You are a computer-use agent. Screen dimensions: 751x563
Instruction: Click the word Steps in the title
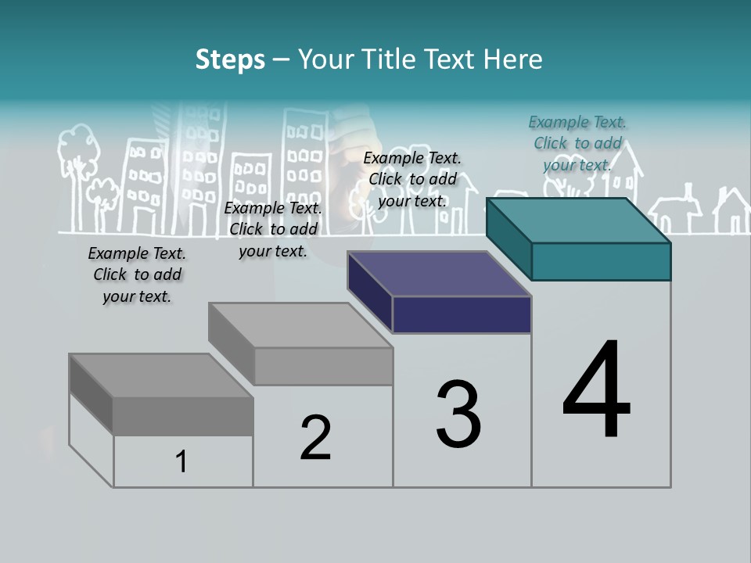(230, 59)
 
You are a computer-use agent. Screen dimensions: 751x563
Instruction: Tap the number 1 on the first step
(181, 462)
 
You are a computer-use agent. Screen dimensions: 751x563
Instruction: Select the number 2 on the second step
(316, 438)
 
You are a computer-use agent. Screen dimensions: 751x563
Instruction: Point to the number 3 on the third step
(458, 414)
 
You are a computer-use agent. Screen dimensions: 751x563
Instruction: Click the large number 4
(596, 391)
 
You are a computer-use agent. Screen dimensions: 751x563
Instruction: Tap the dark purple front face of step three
(462, 314)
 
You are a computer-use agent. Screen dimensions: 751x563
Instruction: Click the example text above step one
(137, 274)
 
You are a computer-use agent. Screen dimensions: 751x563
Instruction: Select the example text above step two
(273, 229)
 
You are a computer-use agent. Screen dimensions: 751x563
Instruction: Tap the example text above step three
(412, 179)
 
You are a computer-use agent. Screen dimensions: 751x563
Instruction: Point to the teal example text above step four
(577, 143)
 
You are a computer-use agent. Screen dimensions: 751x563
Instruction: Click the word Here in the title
(513, 59)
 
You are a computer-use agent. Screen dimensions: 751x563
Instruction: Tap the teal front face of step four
(601, 261)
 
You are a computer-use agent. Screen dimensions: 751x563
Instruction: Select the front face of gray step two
(324, 366)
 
